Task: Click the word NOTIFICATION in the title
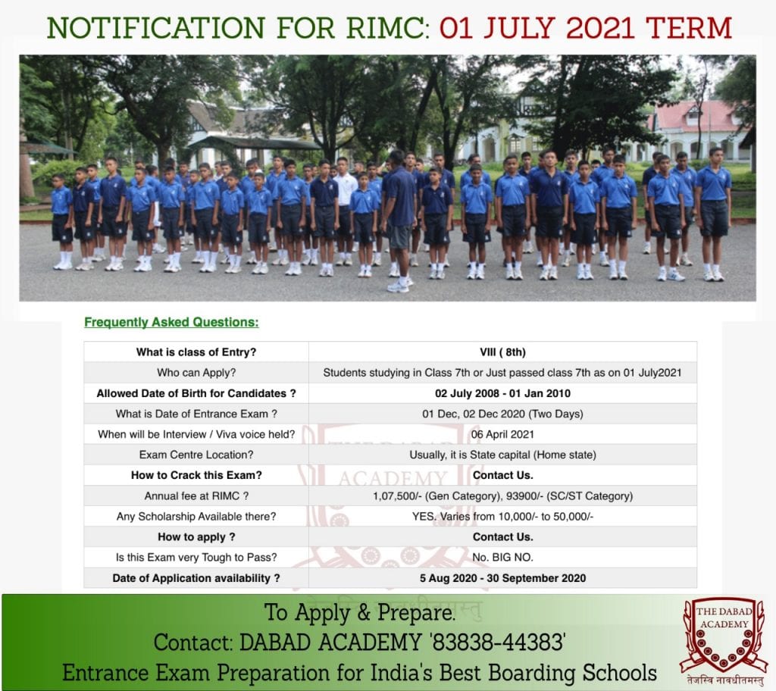[156, 28]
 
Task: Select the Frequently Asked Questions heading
[171, 322]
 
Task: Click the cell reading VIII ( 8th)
[502, 352]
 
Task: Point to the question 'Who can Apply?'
[196, 373]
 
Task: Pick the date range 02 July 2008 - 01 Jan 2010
[502, 393]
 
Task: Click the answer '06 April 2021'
[502, 435]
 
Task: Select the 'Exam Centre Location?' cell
[196, 455]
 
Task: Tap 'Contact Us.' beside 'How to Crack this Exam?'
[502, 475]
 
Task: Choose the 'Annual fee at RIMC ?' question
[196, 496]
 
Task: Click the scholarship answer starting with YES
[502, 517]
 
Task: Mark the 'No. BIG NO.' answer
[502, 558]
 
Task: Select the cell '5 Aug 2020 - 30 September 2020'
[502, 578]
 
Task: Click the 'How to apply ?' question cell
[196, 537]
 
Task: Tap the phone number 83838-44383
[499, 643]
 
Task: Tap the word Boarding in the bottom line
[532, 673]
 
